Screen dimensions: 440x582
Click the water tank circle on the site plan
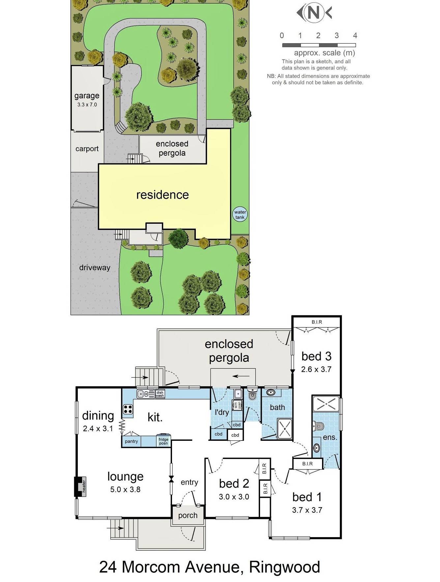coord(240,215)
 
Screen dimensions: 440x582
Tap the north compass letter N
coord(314,13)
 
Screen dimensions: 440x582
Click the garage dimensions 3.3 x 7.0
coord(87,105)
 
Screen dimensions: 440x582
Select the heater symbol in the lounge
coord(80,487)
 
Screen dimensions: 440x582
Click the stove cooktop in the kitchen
coord(128,409)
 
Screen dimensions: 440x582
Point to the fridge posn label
coord(163,441)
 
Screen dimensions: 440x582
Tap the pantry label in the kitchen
coord(132,441)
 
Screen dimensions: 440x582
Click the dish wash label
coord(160,394)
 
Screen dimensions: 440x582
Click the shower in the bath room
coord(285,429)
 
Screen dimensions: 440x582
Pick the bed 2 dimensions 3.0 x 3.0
coord(234,497)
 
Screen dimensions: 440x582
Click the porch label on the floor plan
coord(188,515)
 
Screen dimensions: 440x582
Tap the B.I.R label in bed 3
coord(317,322)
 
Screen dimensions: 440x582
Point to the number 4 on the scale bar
coord(355,36)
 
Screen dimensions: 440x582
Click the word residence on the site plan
coord(162,195)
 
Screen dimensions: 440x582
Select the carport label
coord(87,149)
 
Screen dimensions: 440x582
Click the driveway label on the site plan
coord(95,268)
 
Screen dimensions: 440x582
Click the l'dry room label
coord(222,412)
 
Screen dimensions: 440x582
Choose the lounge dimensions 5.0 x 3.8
coord(126,489)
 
